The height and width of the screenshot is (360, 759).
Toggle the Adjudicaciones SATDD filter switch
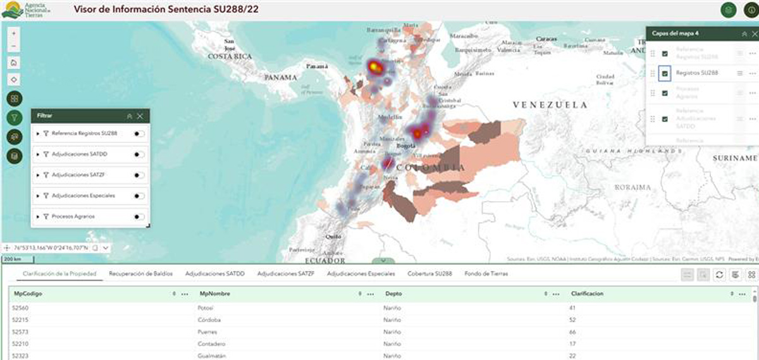139,155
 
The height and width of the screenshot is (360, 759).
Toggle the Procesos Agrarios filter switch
139,216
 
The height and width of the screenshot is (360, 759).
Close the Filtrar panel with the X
140,116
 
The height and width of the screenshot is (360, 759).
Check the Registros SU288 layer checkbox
665,73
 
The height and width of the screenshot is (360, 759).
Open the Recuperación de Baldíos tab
140,274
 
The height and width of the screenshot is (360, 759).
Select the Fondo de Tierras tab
486,274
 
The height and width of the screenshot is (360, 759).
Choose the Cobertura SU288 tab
429,274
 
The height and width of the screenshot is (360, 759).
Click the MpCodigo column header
28,294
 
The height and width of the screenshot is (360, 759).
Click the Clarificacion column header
588,294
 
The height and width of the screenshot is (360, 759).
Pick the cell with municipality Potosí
205,308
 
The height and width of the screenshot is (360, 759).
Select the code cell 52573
22,332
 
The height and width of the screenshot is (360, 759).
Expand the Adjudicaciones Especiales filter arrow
38,196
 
